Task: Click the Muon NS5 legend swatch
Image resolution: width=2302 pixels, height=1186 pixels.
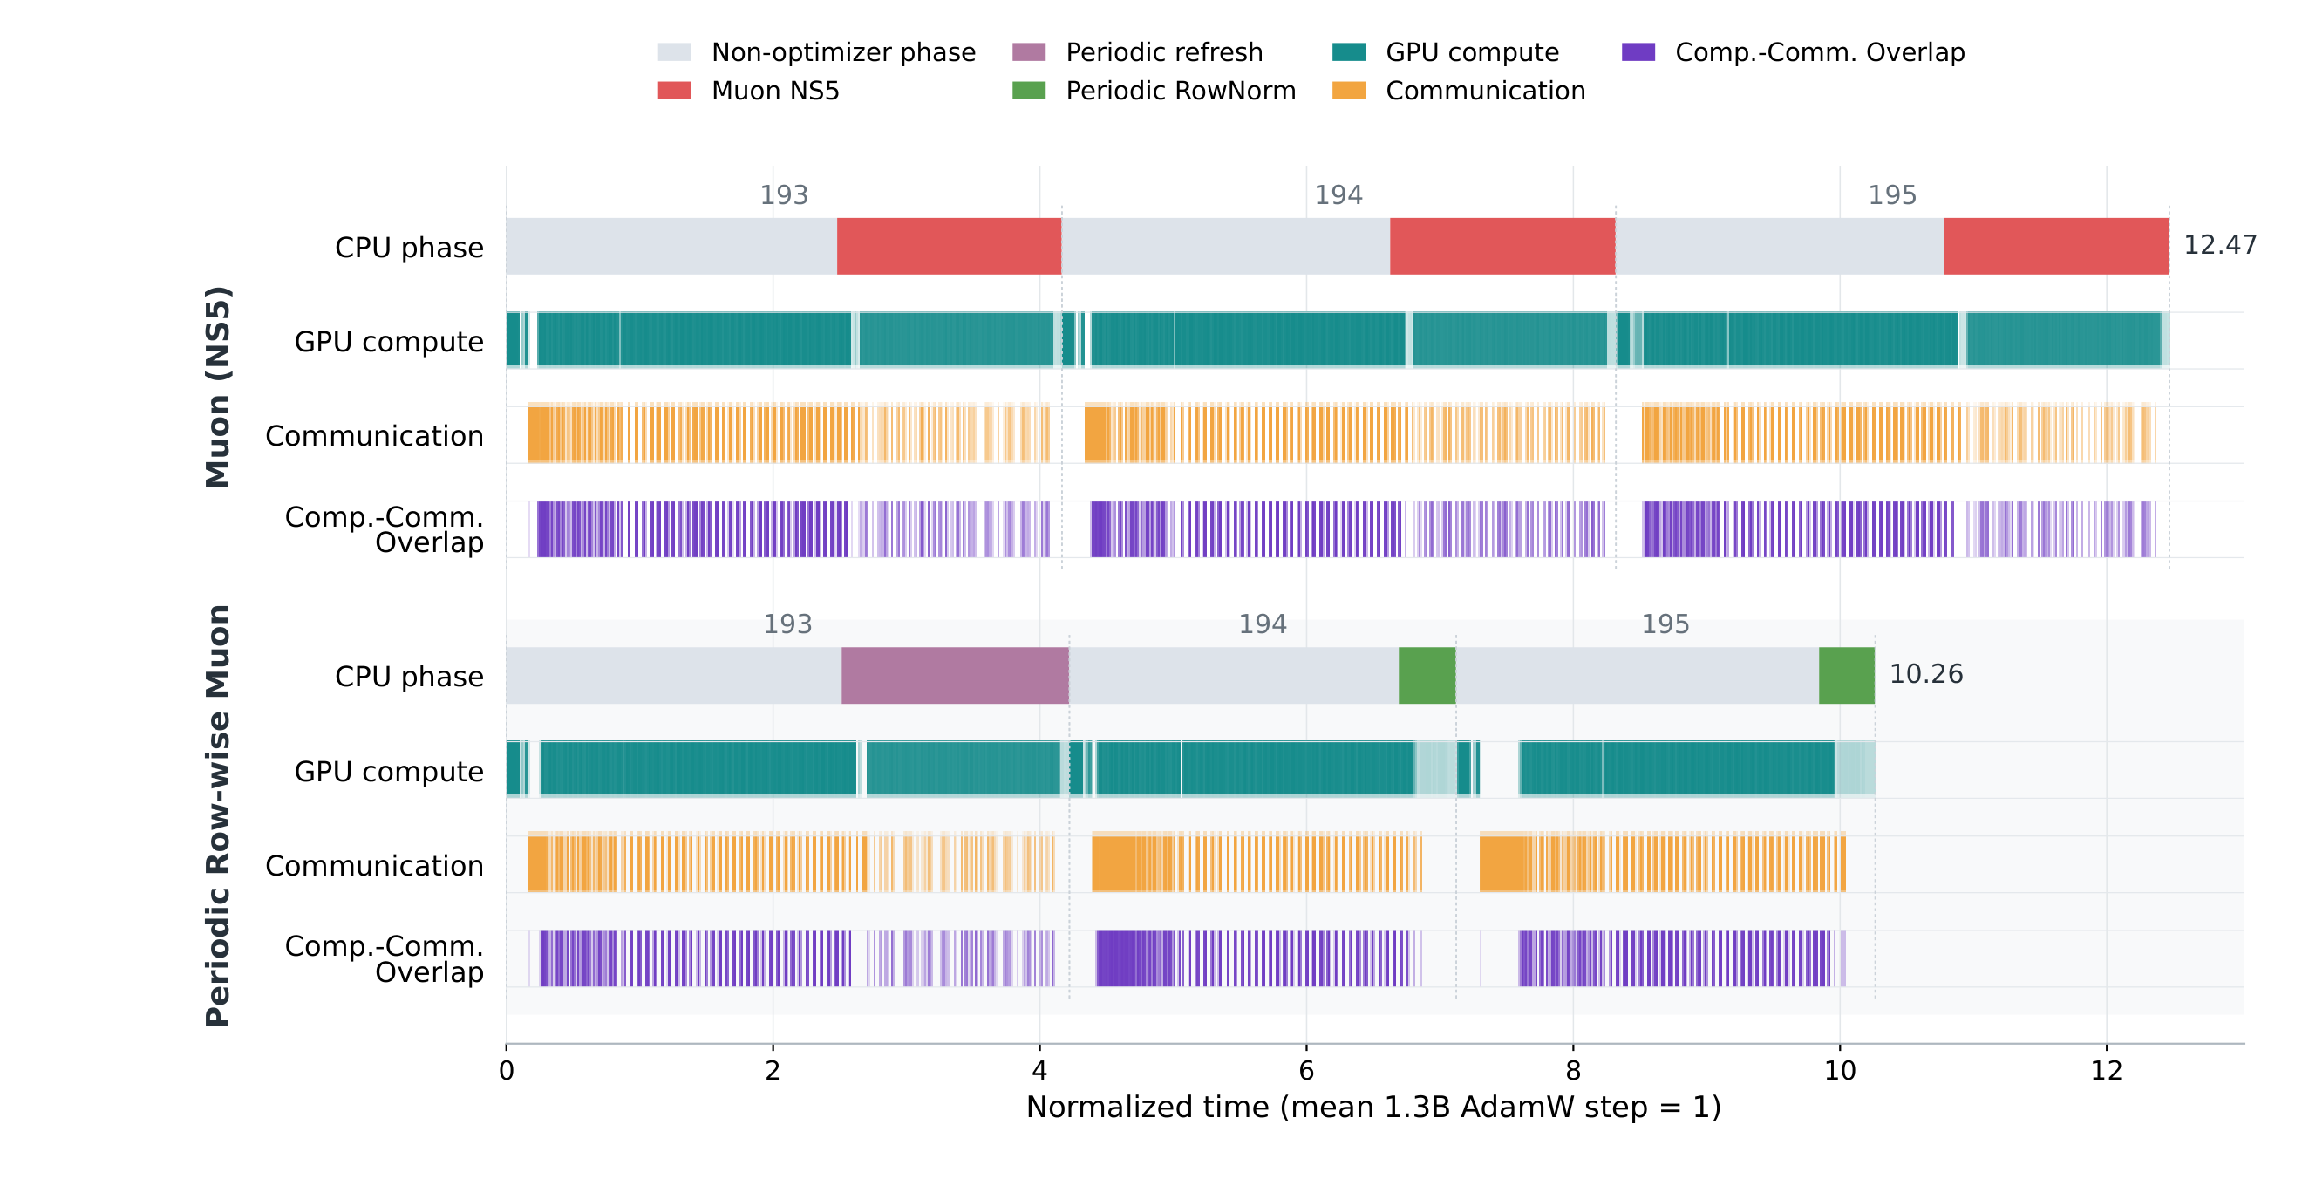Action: (x=674, y=91)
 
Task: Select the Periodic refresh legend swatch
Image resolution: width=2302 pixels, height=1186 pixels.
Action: (x=1029, y=51)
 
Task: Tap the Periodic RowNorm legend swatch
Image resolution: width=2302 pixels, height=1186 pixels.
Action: (x=1029, y=91)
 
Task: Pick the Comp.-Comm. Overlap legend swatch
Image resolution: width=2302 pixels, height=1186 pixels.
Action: (x=1638, y=51)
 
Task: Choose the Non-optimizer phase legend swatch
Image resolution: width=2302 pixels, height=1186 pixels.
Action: (x=674, y=51)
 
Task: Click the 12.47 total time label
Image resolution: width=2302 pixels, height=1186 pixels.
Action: (x=2220, y=245)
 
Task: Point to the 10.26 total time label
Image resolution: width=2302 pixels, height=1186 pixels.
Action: (x=1926, y=674)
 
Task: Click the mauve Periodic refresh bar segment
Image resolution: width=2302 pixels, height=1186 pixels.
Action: (x=955, y=675)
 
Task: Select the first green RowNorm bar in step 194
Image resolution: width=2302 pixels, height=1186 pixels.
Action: (x=1427, y=675)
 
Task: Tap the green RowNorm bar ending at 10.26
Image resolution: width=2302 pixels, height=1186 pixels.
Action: (x=1846, y=675)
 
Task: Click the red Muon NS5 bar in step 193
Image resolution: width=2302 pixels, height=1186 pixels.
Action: (x=949, y=246)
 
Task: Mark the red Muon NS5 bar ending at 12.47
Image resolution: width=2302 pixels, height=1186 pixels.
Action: (x=2056, y=246)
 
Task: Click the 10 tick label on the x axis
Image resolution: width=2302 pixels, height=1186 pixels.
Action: (x=1840, y=1071)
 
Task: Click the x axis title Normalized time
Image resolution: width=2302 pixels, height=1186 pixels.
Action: (x=1373, y=1108)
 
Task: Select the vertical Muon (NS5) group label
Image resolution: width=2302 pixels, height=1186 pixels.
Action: (x=218, y=387)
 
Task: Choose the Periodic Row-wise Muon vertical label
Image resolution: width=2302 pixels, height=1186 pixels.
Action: (x=218, y=816)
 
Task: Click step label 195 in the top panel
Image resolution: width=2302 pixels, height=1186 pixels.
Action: (x=1892, y=194)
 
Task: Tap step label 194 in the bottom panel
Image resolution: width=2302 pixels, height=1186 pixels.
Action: (x=1262, y=624)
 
